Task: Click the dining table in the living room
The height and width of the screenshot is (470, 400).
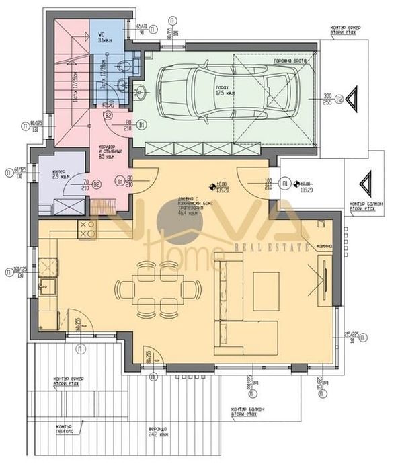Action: [x=158, y=289]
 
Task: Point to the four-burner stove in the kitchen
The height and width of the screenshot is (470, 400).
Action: [x=87, y=229]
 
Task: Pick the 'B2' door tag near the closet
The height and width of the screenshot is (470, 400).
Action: [x=97, y=184]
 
